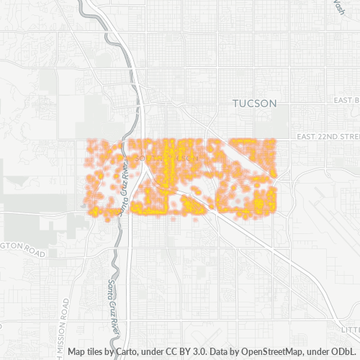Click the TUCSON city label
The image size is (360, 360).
coord(255,104)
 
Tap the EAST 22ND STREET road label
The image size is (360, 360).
coord(328,137)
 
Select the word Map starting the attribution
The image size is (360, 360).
coord(77,352)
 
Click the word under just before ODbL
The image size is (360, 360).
coord(315,352)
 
